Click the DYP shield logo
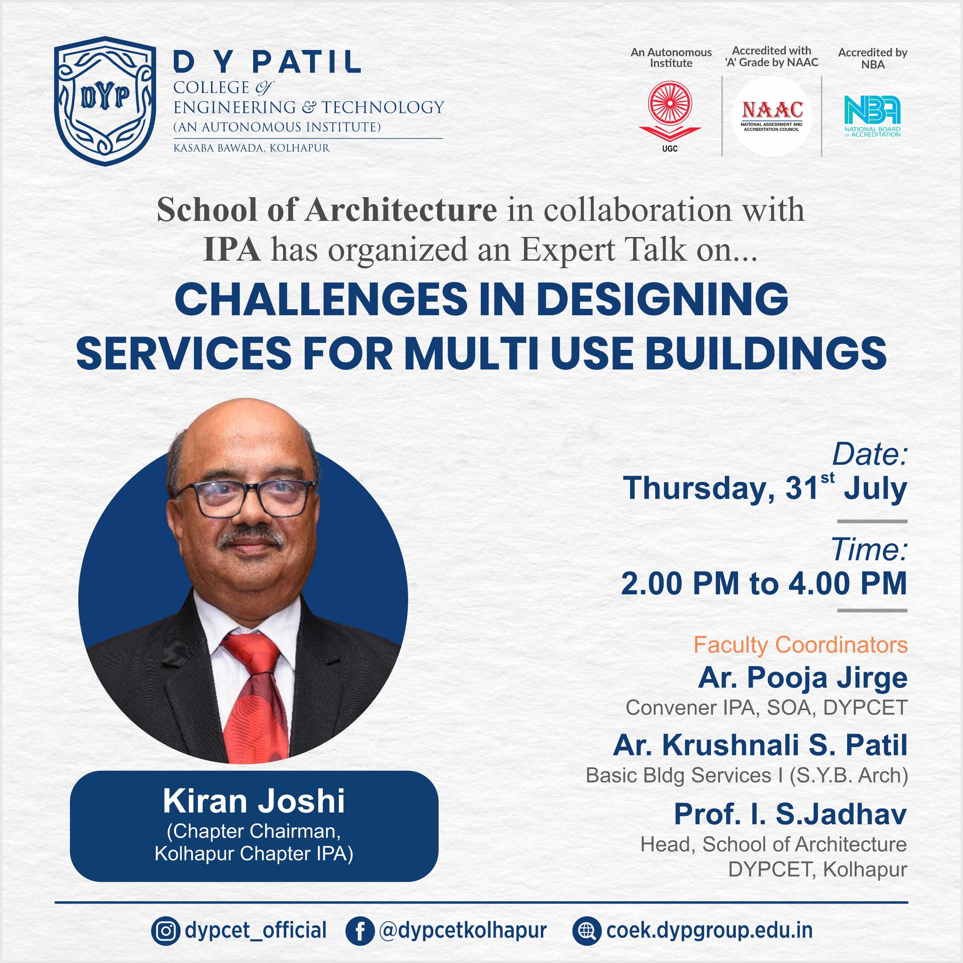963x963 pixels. pos(105,101)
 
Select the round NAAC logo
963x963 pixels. pos(772,115)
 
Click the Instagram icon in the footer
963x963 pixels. pos(166,931)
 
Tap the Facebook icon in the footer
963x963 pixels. pos(359,931)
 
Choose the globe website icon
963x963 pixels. pos(587,931)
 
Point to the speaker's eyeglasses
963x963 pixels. pos(244,498)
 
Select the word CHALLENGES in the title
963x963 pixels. pos(322,299)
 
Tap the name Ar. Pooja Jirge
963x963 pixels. pos(802,678)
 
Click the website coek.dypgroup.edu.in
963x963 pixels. pos(709,931)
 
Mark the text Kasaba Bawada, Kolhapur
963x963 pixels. pos(251,148)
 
